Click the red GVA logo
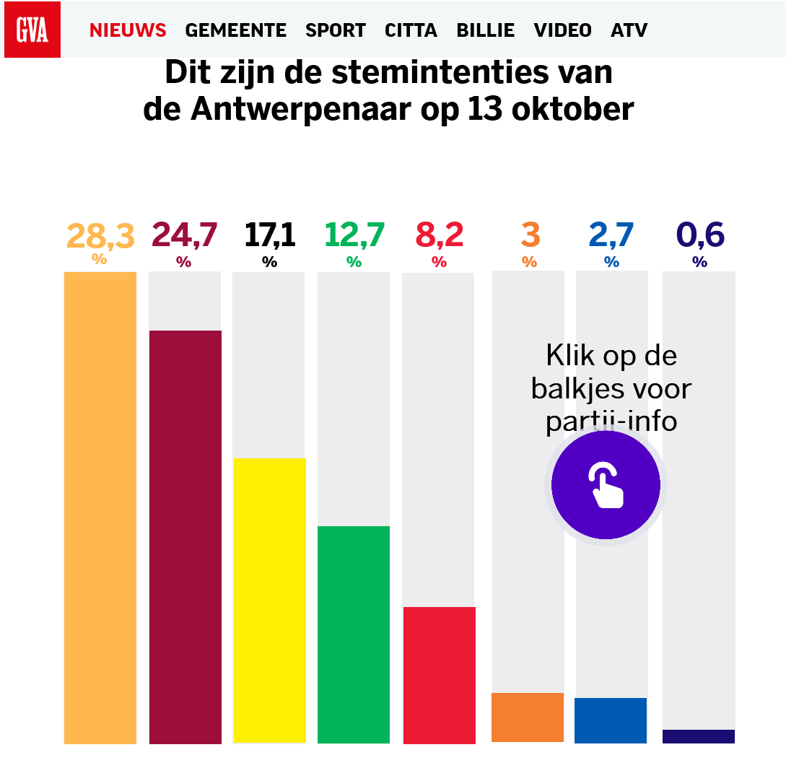pyautogui.click(x=32, y=30)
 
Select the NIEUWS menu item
pyautogui.click(x=128, y=30)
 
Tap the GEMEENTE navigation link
pyautogui.click(x=235, y=30)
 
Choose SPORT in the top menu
pyautogui.click(x=335, y=30)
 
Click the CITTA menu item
pyautogui.click(x=411, y=30)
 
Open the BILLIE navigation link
pyautogui.click(x=485, y=30)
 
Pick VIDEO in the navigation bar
pyautogui.click(x=562, y=30)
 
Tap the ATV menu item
pyautogui.click(x=629, y=30)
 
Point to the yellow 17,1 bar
pyautogui.click(x=269, y=600)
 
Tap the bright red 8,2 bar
pyautogui.click(x=439, y=674)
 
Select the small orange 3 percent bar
pyautogui.click(x=528, y=717)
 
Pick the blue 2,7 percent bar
pyautogui.click(x=611, y=720)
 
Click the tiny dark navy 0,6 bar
pyautogui.click(x=699, y=736)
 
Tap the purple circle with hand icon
pyautogui.click(x=606, y=484)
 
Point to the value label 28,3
pyautogui.click(x=100, y=235)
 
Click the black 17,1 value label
pyautogui.click(x=269, y=235)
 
